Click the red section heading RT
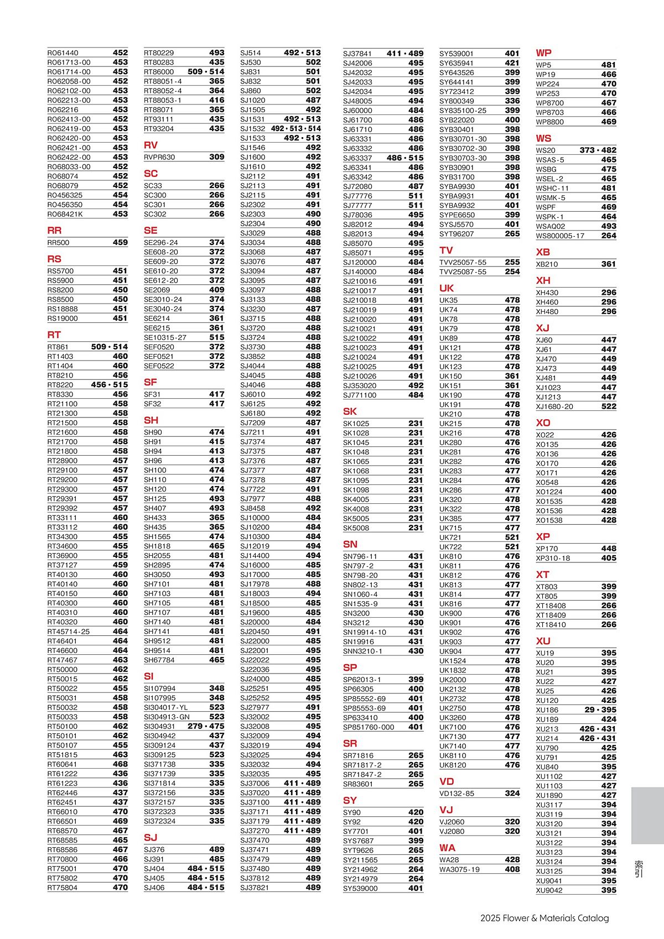54,335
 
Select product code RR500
59,243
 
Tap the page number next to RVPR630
217,157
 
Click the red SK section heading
350,411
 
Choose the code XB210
547,264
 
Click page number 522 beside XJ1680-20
609,406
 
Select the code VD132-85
456,794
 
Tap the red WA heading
447,848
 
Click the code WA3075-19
459,869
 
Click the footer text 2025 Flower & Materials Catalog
544,918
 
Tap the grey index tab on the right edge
647,816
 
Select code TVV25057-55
463,263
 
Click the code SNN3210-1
362,651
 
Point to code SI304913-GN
167,717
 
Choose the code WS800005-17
560,236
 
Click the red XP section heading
543,536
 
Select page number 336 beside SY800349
512,101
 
